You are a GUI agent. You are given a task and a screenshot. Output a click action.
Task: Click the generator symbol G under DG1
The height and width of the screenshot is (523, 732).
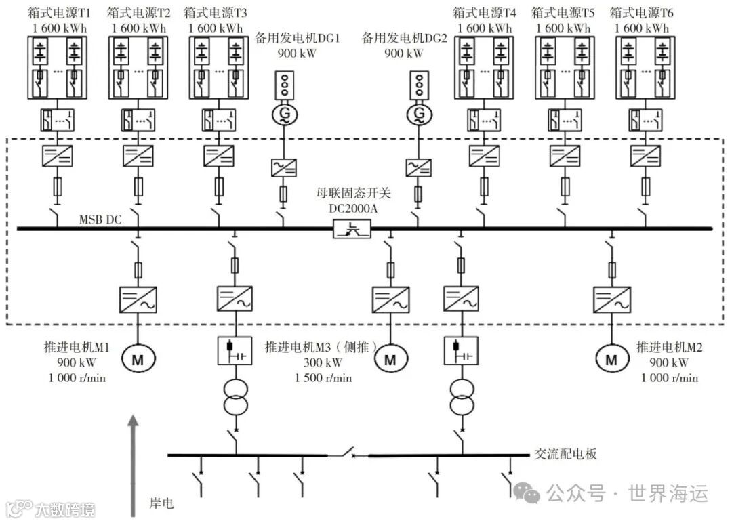pyautogui.click(x=281, y=114)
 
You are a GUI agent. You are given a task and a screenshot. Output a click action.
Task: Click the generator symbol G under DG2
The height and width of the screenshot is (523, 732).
pyautogui.click(x=420, y=114)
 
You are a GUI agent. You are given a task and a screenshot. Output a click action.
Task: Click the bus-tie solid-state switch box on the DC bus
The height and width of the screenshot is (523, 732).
pyautogui.click(x=352, y=230)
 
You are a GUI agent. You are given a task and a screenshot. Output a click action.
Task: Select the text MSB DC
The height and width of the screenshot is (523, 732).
pyautogui.click(x=100, y=219)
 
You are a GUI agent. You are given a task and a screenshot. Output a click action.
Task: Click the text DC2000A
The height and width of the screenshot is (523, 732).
pyautogui.click(x=353, y=209)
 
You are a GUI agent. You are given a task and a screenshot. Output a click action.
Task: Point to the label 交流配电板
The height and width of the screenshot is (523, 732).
pyautogui.click(x=565, y=454)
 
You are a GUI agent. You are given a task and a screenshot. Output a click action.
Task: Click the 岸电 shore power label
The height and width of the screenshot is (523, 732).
pyautogui.click(x=161, y=503)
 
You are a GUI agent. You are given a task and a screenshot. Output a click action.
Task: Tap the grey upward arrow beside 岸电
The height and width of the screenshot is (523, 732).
pyautogui.click(x=134, y=467)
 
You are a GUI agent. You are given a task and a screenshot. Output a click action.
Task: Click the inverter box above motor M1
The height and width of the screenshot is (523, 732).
pyautogui.click(x=138, y=299)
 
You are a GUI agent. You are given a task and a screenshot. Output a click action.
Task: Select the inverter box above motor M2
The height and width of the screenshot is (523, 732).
pyautogui.click(x=612, y=299)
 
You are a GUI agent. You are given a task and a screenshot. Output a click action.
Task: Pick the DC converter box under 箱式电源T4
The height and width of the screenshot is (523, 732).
pyautogui.click(x=485, y=156)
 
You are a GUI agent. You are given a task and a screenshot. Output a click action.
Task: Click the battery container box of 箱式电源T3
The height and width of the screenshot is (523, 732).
pyautogui.click(x=217, y=67)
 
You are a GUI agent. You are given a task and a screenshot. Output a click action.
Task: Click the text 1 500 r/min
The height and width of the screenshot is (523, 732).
pyautogui.click(x=323, y=378)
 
